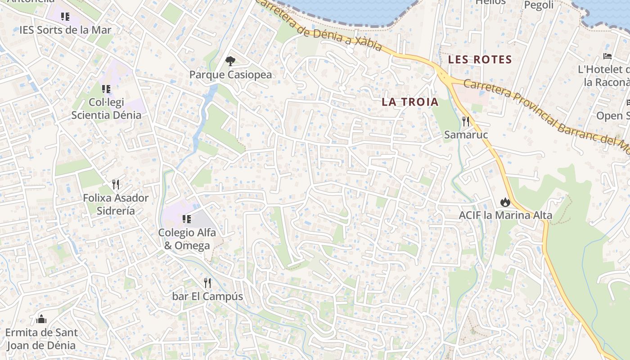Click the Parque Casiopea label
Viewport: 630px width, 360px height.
(x=230, y=74)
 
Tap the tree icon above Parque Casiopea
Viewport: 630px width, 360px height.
(x=230, y=61)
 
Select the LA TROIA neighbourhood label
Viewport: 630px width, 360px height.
(x=410, y=102)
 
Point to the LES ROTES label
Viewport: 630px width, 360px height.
(x=480, y=59)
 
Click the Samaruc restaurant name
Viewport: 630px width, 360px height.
(x=466, y=135)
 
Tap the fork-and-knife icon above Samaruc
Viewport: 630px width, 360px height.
(x=466, y=121)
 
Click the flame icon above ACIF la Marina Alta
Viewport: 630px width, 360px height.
(x=505, y=202)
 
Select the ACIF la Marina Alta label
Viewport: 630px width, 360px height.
(x=505, y=215)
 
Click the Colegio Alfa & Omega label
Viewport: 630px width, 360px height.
(x=187, y=239)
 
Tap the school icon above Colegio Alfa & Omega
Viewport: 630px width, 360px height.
(x=186, y=219)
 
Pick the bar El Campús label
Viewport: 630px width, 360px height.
(x=207, y=297)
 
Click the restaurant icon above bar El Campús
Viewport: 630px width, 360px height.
(x=207, y=283)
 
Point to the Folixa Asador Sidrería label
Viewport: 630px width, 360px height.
(x=116, y=204)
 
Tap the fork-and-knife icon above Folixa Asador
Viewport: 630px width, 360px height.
(x=116, y=184)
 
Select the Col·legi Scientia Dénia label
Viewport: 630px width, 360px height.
(x=106, y=108)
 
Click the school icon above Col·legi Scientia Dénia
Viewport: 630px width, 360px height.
(x=106, y=89)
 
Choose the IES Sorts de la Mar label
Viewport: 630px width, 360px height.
(x=65, y=30)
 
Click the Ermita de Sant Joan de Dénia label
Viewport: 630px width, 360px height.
(x=41, y=339)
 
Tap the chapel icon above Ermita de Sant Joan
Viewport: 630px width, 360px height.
(x=41, y=319)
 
